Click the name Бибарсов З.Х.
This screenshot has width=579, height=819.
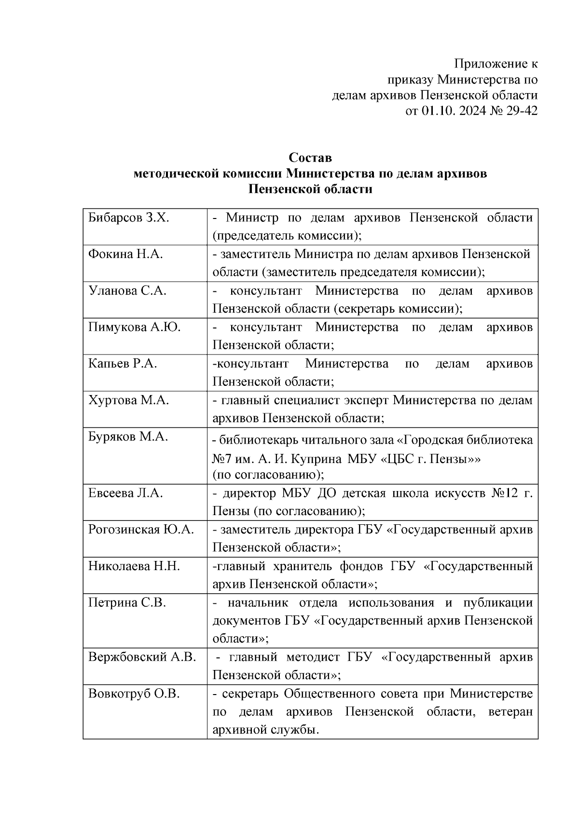coord(128,218)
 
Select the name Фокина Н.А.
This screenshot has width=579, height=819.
coord(125,254)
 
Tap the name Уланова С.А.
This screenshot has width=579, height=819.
coord(127,291)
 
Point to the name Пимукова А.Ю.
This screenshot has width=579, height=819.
coord(134,328)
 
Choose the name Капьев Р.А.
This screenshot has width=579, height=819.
coord(123,364)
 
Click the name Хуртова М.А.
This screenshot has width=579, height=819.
coord(128,400)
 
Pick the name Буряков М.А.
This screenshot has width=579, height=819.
coord(128,437)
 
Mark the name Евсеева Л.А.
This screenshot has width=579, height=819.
coord(125,493)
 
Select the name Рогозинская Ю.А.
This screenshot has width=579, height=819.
coord(141,530)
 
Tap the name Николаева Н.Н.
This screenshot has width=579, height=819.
coord(134,566)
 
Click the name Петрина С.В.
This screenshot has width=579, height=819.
coord(127,603)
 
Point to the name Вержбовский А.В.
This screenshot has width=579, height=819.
coord(142,657)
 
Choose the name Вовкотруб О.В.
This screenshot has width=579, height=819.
coord(134,694)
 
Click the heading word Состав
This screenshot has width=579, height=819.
coord(310,158)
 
